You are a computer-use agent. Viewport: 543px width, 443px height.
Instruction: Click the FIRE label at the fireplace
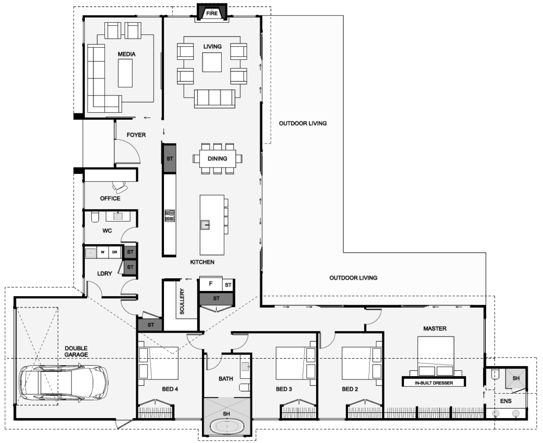pos(212,13)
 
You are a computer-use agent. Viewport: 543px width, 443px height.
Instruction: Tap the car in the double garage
pos(63,382)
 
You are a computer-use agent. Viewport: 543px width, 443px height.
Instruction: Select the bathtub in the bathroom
pos(226,426)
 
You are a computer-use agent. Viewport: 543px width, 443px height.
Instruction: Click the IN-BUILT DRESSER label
pos(434,383)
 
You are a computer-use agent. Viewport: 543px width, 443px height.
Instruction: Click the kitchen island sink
pos(205,225)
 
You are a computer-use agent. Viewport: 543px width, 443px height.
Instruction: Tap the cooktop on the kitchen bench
pos(170,216)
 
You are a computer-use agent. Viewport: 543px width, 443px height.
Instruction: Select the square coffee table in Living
pos(212,63)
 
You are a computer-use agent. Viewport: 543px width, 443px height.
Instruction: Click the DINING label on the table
pos(217,158)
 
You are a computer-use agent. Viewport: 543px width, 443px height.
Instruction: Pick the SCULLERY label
pos(182,302)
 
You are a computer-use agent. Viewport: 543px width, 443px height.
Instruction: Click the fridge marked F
pos(211,284)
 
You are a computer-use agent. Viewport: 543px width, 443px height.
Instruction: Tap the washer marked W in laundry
pos(102,252)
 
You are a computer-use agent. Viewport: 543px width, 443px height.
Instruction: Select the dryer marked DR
pos(115,252)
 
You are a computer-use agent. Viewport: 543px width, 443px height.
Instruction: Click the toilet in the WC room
pos(95,217)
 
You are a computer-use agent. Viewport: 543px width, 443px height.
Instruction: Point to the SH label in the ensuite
pos(516,378)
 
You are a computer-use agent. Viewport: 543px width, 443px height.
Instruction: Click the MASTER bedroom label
pos(435,329)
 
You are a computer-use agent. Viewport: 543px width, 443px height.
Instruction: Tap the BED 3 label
pos(284,389)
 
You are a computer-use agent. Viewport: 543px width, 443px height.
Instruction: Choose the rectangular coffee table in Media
pos(125,73)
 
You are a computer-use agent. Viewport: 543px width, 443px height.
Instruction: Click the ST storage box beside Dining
pos(169,158)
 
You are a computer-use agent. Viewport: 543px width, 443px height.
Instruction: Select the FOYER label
pos(136,135)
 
